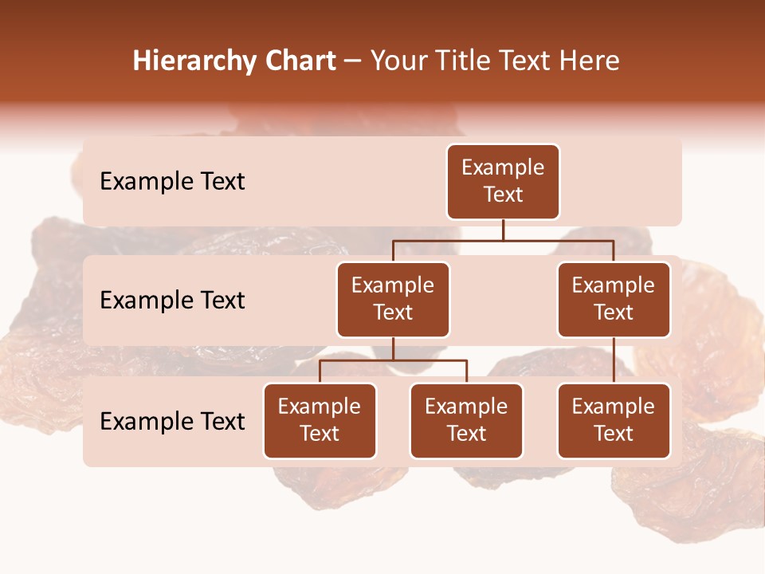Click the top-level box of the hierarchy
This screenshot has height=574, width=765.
pos(503,181)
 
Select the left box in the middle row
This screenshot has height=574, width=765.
pos(393,299)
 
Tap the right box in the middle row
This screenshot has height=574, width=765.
pos(614,299)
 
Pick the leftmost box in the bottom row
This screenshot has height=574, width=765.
pos(320,420)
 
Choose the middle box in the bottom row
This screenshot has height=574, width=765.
pos(466,420)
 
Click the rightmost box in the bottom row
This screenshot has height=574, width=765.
pos(614,420)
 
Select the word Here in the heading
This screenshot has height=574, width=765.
pos(590,61)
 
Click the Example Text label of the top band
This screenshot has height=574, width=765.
pos(172,182)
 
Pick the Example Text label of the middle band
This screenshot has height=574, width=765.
pos(172,301)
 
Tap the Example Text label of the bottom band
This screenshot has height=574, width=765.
pos(172,421)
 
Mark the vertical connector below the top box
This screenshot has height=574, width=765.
pos(503,230)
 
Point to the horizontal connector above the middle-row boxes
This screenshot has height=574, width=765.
pos(503,240)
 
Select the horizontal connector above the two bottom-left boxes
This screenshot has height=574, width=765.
pos(393,360)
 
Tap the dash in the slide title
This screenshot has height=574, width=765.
pos(353,62)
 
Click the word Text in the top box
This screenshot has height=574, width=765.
pos(503,195)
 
